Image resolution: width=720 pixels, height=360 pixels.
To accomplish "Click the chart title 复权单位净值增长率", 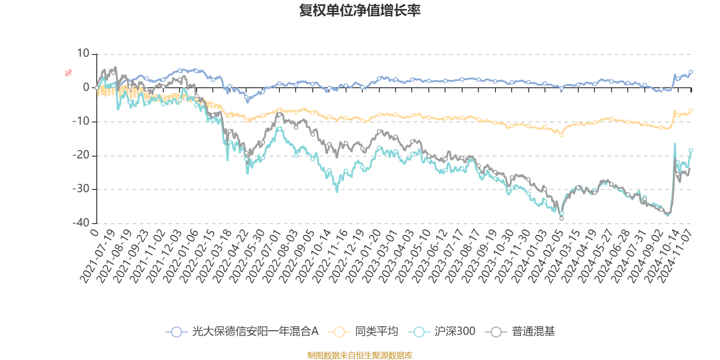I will click(x=360, y=10).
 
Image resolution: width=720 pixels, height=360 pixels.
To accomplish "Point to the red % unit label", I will click(x=68, y=73).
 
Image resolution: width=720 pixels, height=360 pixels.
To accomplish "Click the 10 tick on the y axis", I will click(x=83, y=54).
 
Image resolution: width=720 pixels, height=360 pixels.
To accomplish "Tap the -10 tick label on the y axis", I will click(x=81, y=121).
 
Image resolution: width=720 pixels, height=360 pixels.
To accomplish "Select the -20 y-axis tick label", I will click(x=81, y=155).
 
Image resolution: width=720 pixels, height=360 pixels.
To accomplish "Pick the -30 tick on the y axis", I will click(x=81, y=189).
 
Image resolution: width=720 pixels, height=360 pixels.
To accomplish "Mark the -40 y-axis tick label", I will click(x=81, y=223).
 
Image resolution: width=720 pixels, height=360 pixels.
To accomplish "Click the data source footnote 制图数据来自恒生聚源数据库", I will click(x=360, y=355).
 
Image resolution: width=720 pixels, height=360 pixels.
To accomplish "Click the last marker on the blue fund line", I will click(x=691, y=72).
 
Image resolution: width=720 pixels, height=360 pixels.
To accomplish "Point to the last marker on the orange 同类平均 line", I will click(x=691, y=111).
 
